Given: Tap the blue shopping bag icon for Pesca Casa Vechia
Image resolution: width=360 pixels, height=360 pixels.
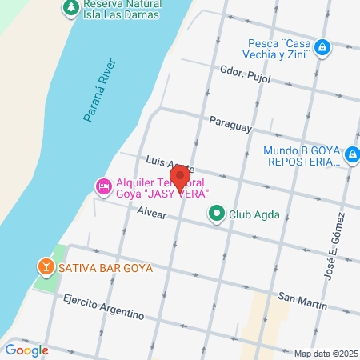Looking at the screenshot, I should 322,49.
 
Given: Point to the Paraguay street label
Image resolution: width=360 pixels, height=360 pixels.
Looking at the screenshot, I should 230,126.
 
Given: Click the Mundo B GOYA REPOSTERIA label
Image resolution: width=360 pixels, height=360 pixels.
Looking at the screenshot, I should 301,155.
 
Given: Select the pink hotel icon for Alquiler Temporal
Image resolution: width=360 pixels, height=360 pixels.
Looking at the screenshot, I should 103,187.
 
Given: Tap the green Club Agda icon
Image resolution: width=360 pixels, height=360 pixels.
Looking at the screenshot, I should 216,214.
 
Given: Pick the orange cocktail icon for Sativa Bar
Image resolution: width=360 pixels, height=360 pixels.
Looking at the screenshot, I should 45,265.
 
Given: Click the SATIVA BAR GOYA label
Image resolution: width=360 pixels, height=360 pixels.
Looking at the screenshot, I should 104,266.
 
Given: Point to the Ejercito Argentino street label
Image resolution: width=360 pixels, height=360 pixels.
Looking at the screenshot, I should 103,306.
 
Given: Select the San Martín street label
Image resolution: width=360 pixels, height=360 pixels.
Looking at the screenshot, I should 302,298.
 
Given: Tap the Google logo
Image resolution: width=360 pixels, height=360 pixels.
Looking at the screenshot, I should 27,350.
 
